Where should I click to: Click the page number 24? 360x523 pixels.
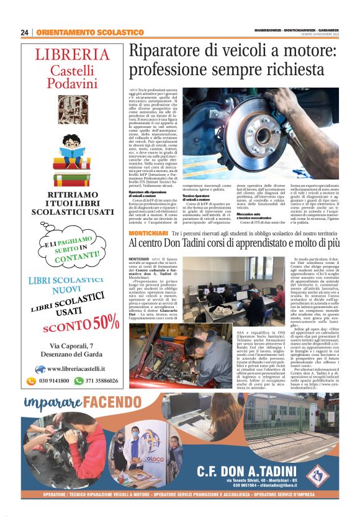coord(25,32)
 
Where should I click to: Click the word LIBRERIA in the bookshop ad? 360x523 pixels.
coord(72,54)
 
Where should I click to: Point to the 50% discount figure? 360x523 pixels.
coord(107,321)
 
